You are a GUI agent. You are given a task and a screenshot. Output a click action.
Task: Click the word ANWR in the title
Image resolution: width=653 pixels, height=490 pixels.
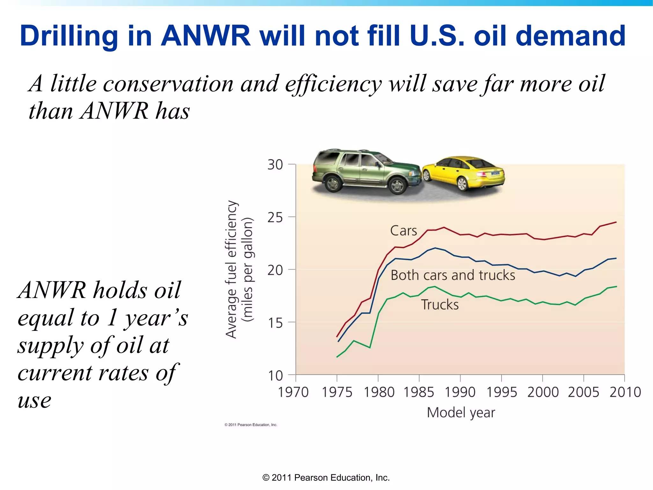(x=206, y=36)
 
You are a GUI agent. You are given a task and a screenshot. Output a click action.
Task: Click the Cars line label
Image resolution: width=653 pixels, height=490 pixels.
(x=403, y=231)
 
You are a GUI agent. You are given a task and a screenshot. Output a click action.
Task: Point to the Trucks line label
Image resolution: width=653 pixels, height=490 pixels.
(x=440, y=305)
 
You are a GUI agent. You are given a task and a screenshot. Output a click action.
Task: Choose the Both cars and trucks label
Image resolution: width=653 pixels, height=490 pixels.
(x=453, y=275)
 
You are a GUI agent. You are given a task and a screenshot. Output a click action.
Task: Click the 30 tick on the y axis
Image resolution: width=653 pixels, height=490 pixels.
(x=275, y=165)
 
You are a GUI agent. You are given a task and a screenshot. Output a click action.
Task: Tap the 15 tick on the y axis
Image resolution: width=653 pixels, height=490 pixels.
(x=275, y=323)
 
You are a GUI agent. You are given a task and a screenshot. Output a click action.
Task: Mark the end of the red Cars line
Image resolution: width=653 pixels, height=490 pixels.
(x=616, y=222)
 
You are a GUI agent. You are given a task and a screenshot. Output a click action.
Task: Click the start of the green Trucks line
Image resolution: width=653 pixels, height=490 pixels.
(x=337, y=357)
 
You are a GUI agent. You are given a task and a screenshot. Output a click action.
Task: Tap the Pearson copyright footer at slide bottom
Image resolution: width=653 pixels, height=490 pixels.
(x=326, y=478)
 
